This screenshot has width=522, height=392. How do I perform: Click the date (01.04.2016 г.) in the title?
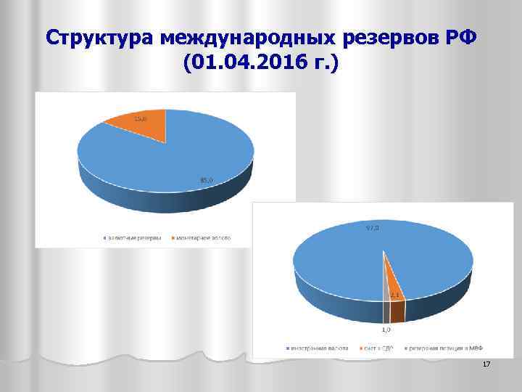pos(261,66)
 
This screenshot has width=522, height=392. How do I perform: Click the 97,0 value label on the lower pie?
pos(373,228)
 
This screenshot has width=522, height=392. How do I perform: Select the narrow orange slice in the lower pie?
pos(392,279)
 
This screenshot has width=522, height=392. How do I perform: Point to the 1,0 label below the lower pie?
pos(389,330)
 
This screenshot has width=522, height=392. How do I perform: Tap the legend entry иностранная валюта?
pos(322,348)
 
